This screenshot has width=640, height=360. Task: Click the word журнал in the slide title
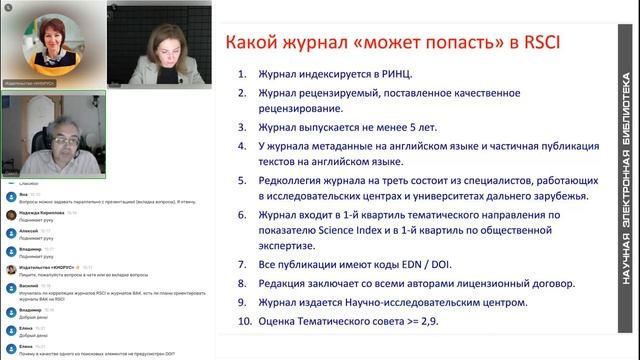pyautogui.click(x=320, y=43)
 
